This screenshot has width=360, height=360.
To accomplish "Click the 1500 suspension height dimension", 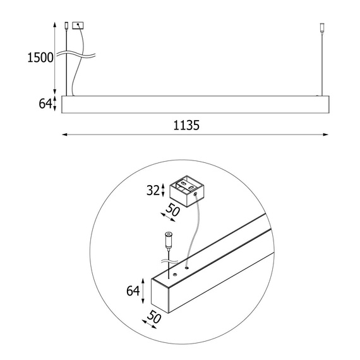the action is point(40,57).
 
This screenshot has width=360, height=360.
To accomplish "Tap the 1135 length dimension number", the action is point(186,125).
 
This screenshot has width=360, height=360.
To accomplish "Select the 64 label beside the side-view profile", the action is point(45,104).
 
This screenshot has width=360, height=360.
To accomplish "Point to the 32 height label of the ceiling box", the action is point(153,190).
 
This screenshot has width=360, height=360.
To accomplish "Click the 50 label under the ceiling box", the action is point(172,210).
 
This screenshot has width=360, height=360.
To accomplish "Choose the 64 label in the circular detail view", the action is point(133,291).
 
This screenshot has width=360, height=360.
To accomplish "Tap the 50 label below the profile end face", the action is point(154,317).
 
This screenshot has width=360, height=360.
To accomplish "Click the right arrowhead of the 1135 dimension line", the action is point(325,135).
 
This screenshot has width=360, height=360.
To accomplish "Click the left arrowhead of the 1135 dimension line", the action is point(65,135).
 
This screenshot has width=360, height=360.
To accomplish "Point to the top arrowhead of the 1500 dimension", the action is point(55,25).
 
